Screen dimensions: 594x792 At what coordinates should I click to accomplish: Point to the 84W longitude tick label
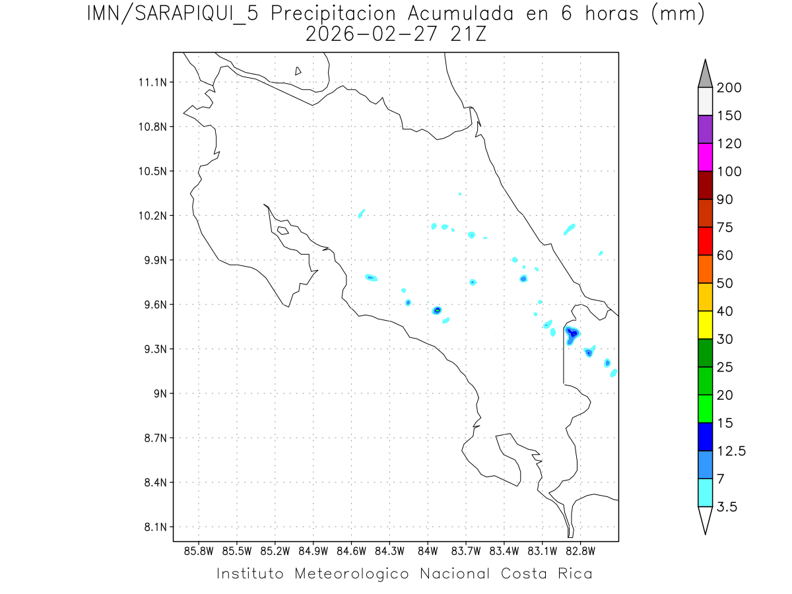point(428,550)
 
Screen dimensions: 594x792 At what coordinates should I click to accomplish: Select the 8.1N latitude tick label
point(155,527)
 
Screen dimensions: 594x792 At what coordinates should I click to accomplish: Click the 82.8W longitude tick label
point(580,550)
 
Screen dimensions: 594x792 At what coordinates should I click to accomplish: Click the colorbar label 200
point(729,88)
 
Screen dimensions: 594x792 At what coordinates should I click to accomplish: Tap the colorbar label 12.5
point(731,451)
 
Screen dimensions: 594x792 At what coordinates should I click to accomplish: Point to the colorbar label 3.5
point(727,507)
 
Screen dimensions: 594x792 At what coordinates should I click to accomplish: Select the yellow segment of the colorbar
point(705,325)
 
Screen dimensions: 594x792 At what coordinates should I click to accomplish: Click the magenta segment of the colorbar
point(705,157)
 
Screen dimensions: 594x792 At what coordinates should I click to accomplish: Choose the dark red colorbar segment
point(705,185)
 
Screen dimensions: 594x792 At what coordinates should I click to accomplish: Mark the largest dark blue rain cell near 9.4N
point(573,333)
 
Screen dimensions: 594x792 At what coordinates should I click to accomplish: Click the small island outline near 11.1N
point(298,71)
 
